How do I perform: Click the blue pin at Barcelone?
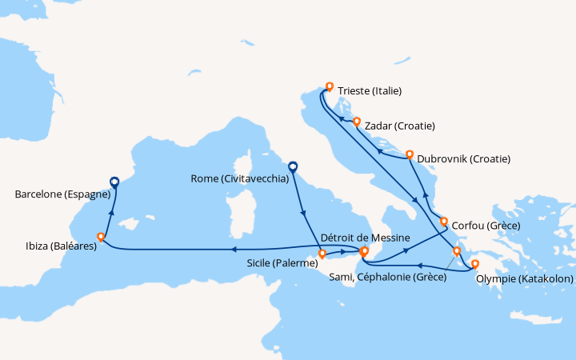pos(114,182)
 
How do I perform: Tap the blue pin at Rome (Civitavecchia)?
pos(293,167)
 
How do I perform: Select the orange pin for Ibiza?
pos(101,237)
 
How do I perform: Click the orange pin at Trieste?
pos(329,86)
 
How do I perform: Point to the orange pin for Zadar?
pos(357,122)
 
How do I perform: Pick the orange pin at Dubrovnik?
pos(410,154)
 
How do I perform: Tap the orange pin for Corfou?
pos(444,221)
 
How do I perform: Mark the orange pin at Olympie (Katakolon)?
pos(474,263)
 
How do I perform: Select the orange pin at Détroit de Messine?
pos(364,251)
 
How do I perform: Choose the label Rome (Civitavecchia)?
pos(241,179)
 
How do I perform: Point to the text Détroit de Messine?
pos(365,238)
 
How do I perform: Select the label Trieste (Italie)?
pos(370,91)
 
